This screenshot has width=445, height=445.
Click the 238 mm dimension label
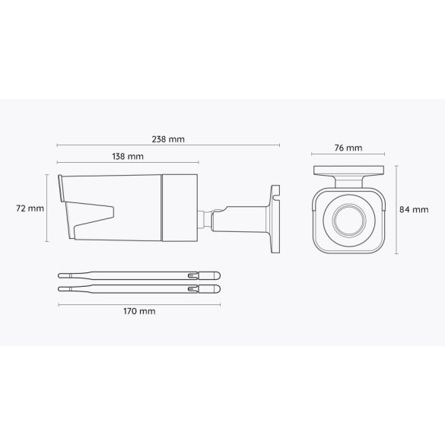tap(167, 139)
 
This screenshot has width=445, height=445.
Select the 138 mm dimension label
tap(127, 157)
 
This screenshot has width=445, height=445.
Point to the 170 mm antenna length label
tap(137, 311)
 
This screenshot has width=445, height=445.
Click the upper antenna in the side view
tap(137, 275)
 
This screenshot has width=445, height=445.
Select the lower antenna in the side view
tap(137, 288)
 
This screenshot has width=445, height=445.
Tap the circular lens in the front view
tap(348, 220)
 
